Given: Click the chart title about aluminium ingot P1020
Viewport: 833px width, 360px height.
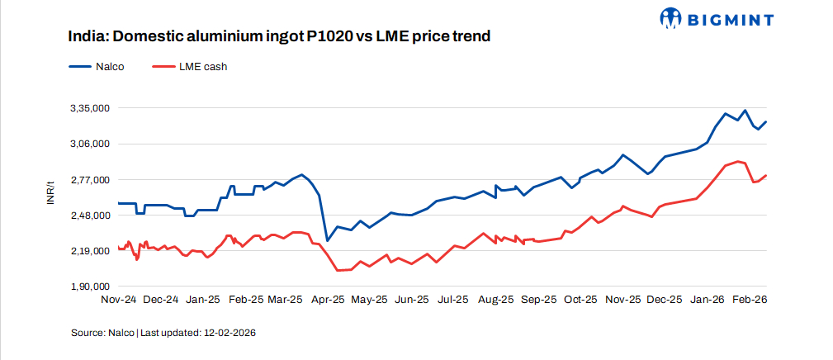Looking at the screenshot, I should pos(280,37).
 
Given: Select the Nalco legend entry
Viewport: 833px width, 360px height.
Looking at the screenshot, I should pos(97,67).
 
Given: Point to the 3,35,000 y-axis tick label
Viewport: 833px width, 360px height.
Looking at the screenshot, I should pos(89,108).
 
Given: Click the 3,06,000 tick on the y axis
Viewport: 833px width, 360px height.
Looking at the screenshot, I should pos(89,144).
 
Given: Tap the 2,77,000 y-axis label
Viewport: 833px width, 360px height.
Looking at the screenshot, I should pos(89,180).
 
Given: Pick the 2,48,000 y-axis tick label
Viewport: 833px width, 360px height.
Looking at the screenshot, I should pos(89,216).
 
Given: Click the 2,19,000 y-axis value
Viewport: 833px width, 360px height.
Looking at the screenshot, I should pos(89,251).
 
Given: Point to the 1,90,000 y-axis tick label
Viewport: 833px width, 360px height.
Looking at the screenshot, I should pos(89,287).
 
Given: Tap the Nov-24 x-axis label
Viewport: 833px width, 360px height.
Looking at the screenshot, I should pos(118,300).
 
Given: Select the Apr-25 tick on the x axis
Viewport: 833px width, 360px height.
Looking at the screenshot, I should pos(328,300).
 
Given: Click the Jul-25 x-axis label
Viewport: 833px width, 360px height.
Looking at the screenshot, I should pos(453,300).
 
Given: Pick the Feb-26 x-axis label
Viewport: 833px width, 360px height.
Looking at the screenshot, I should pos(750,300).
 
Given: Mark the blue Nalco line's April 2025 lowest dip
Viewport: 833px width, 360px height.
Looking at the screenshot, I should pos(327,240).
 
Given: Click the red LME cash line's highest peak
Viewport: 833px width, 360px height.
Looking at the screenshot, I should pos(737,161).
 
